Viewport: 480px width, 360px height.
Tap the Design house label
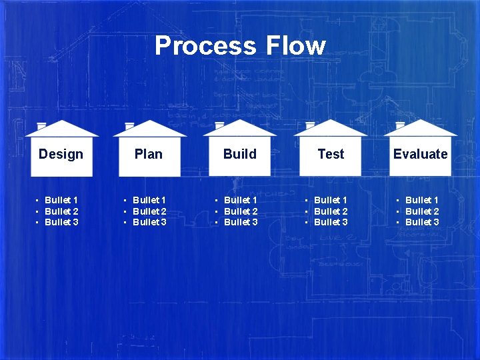pyautogui.click(x=61, y=154)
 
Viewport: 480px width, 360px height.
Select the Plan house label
pyautogui.click(x=148, y=154)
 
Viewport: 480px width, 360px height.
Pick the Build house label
pyautogui.click(x=239, y=154)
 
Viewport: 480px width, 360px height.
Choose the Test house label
pyautogui.click(x=331, y=154)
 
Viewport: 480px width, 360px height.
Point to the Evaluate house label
pyautogui.click(x=420, y=154)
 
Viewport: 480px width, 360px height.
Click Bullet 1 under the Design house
pyautogui.click(x=61, y=200)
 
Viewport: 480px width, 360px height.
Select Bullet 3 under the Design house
pyautogui.click(x=61, y=222)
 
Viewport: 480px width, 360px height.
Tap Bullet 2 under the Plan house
pyautogui.click(x=149, y=211)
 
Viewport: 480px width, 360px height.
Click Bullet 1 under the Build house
pyautogui.click(x=241, y=200)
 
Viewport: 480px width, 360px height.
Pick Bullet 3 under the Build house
pyautogui.click(x=241, y=222)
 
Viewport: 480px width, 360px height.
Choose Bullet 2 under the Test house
pyautogui.click(x=331, y=211)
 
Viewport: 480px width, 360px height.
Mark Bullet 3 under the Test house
pyautogui.click(x=331, y=222)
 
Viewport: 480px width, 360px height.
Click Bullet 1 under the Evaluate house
pyautogui.click(x=422, y=200)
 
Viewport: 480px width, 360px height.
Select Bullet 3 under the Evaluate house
pyautogui.click(x=422, y=222)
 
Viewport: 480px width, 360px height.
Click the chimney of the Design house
pyautogui.click(x=41, y=125)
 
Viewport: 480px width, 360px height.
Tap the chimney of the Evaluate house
pyautogui.click(x=400, y=125)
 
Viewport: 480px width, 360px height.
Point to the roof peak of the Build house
pyautogui.click(x=240, y=121)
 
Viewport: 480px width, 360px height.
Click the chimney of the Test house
pyautogui.click(x=310, y=125)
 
